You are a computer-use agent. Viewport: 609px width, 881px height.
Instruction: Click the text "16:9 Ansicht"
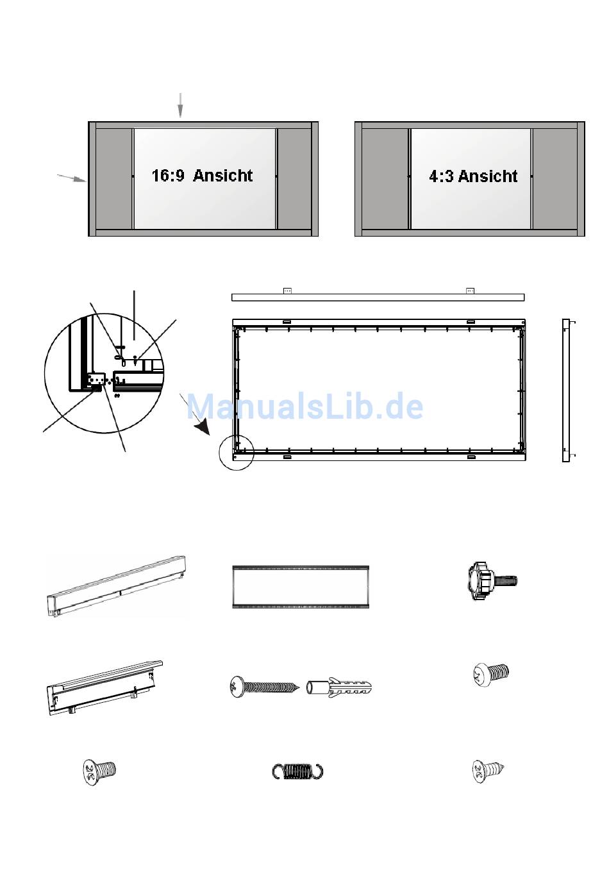(202, 176)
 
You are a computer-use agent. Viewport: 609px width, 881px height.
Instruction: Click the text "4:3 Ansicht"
(473, 176)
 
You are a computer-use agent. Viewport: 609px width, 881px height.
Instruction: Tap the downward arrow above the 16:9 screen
(180, 105)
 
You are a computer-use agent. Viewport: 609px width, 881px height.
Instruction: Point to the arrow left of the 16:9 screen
(72, 178)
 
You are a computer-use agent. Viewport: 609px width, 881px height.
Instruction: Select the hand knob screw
(492, 581)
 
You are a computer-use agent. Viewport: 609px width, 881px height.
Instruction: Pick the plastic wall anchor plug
(339, 687)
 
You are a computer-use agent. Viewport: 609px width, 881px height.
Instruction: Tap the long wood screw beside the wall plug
(264, 687)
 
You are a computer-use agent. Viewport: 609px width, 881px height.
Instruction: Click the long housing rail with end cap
(116, 585)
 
